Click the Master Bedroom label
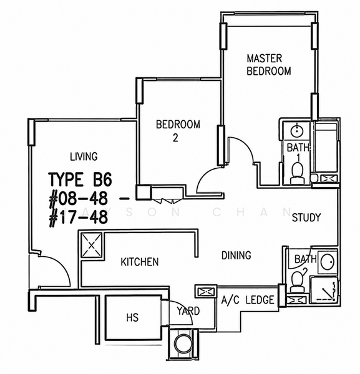(269, 65)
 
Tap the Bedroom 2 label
(178, 131)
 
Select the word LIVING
(84, 156)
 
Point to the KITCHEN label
(140, 262)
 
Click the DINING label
(236, 255)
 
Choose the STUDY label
(306, 218)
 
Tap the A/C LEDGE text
(248, 300)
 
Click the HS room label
(132, 318)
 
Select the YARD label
(188, 311)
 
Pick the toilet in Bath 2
(298, 282)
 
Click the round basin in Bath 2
(327, 262)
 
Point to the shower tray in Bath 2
(323, 290)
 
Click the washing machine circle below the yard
(183, 343)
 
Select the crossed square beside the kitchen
(92, 245)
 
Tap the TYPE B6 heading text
(80, 180)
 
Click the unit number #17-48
(78, 218)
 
